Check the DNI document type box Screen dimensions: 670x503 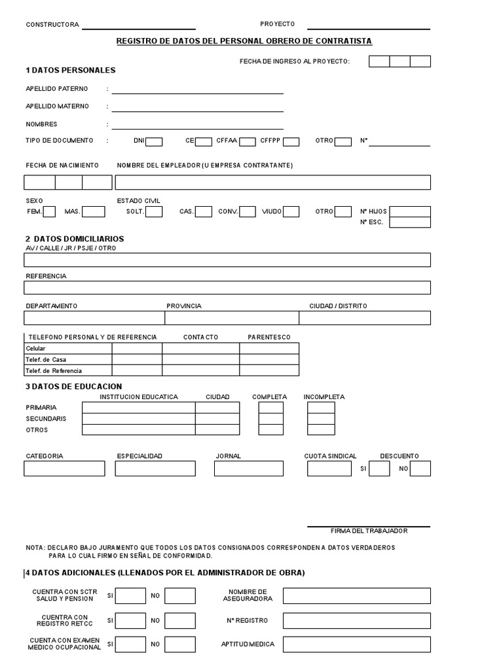154,141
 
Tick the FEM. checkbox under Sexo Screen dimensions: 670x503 50,211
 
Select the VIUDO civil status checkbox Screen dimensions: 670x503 291,211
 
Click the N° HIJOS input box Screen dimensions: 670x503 410,211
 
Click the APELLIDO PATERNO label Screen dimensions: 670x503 56,88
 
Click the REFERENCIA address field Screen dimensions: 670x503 227,288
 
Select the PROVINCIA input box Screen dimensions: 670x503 232,318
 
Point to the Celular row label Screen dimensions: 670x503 36,349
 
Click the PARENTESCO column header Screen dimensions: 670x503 269,337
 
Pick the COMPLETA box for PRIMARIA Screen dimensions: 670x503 270,408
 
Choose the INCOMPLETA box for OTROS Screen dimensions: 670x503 321,430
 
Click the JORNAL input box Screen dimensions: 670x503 249,468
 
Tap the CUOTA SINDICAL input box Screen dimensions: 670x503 329,468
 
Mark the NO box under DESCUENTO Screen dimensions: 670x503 420,468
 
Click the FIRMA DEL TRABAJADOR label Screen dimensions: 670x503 369,531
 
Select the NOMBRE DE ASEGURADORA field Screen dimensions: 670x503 356,595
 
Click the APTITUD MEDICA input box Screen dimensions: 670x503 356,644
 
